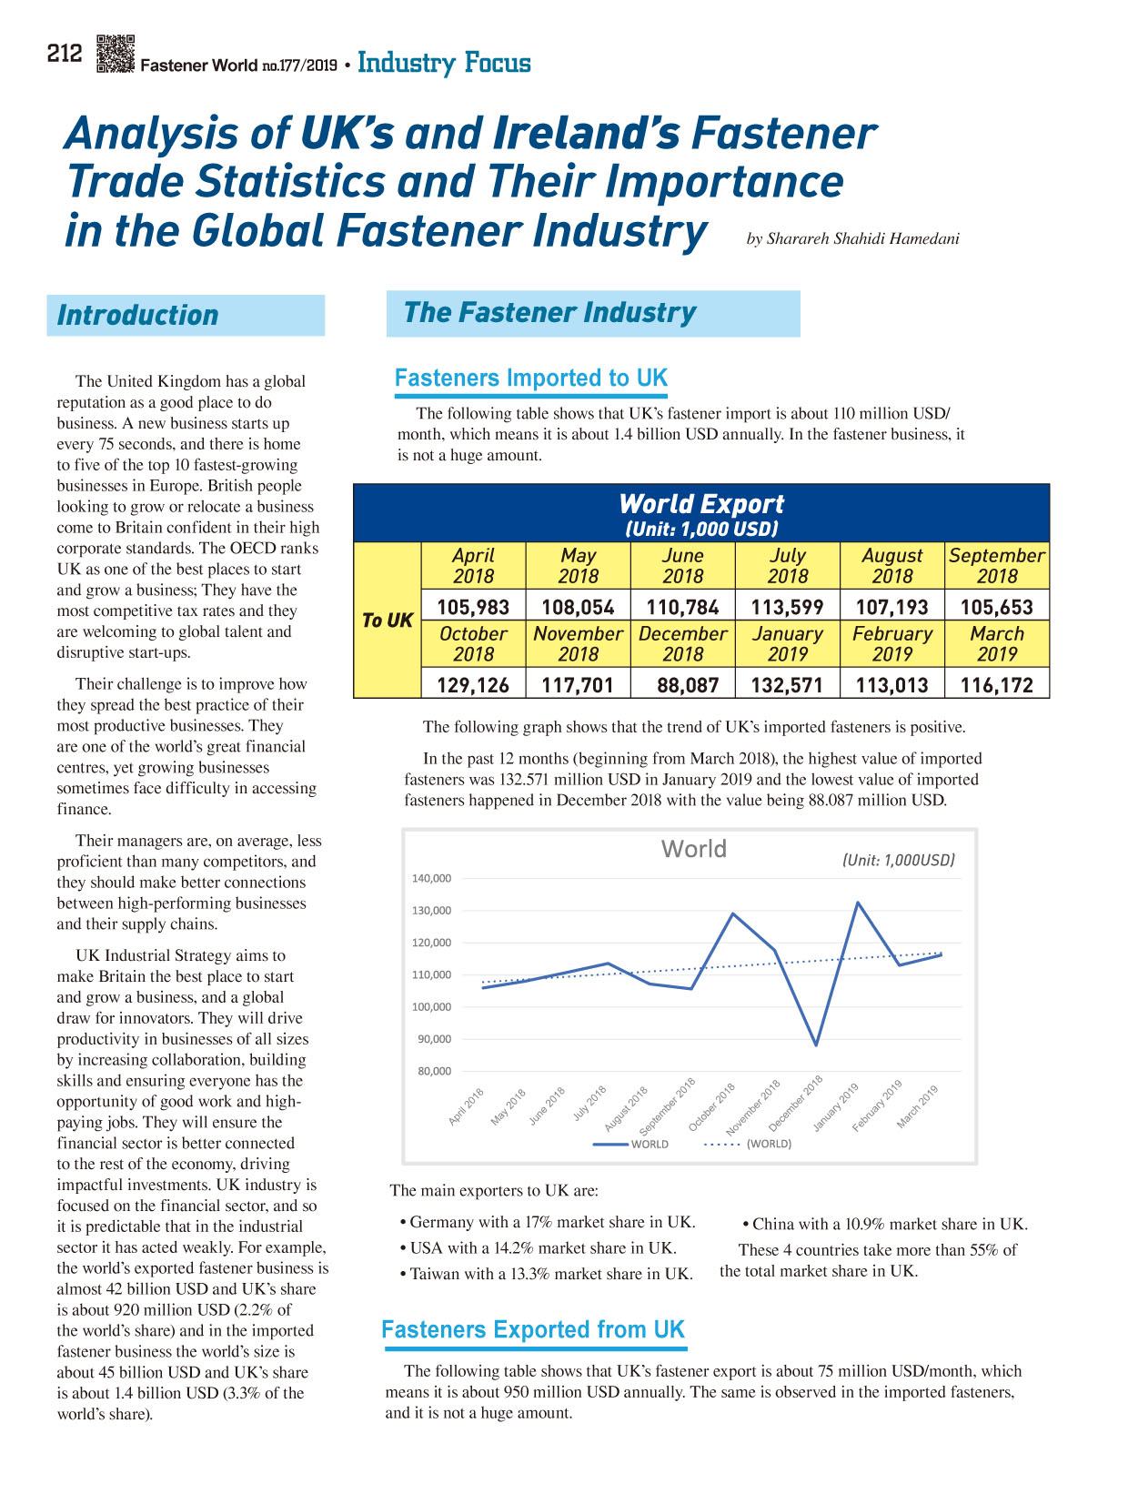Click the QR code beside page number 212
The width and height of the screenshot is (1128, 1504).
pyautogui.click(x=115, y=54)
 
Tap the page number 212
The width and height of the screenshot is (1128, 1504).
pyautogui.click(x=65, y=54)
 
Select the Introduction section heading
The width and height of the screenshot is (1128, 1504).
pyautogui.click(x=137, y=315)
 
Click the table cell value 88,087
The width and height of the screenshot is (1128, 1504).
pyautogui.click(x=688, y=684)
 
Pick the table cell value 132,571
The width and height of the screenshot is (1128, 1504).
pyautogui.click(x=786, y=684)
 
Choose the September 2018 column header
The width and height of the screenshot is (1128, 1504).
pyautogui.click(x=996, y=565)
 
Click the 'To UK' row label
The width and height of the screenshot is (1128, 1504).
pyautogui.click(x=387, y=621)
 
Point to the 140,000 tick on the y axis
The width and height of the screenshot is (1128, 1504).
pyautogui.click(x=431, y=878)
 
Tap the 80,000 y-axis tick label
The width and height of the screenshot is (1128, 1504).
pyautogui.click(x=434, y=1071)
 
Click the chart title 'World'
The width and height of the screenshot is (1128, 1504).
pyautogui.click(x=693, y=849)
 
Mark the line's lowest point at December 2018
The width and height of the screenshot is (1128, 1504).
pyautogui.click(x=816, y=1045)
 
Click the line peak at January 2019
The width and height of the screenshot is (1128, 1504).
pyautogui.click(x=858, y=903)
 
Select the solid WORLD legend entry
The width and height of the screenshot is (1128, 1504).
pyautogui.click(x=630, y=1145)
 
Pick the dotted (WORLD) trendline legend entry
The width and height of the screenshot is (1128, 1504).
pyautogui.click(x=748, y=1145)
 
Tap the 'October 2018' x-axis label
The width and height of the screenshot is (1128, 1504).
pyautogui.click(x=710, y=1107)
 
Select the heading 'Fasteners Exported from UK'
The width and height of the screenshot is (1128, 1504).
pyautogui.click(x=533, y=1329)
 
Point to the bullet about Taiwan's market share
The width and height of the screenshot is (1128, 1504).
pyautogui.click(x=547, y=1274)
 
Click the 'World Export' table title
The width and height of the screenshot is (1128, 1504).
pyautogui.click(x=701, y=504)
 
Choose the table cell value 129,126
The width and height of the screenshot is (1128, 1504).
pyautogui.click(x=472, y=684)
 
